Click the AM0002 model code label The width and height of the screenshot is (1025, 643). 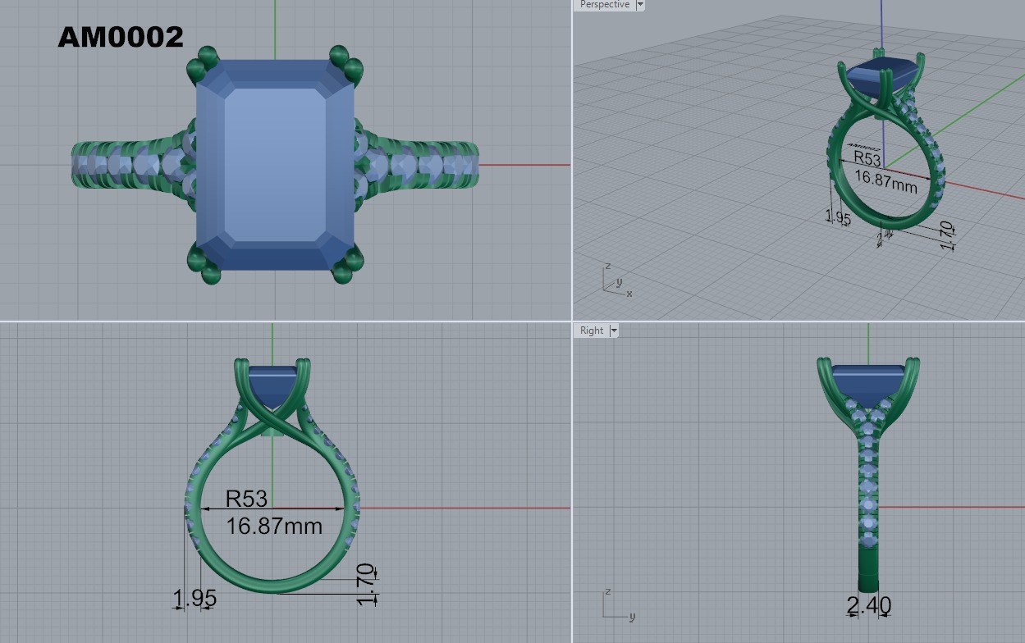[x=121, y=37]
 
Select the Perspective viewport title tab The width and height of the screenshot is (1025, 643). [x=604, y=5]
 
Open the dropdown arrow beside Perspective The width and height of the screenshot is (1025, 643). [x=640, y=5]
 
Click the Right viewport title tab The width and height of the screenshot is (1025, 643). [x=592, y=331]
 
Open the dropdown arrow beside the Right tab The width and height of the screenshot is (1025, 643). [x=613, y=331]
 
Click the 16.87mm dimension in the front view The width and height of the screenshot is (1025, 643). [x=274, y=525]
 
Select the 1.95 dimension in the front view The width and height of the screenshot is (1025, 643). [x=194, y=599]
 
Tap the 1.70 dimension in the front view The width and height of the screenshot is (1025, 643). [x=366, y=584]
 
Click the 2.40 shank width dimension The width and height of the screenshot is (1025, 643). [x=868, y=605]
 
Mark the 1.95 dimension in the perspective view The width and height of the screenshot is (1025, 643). [x=838, y=217]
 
